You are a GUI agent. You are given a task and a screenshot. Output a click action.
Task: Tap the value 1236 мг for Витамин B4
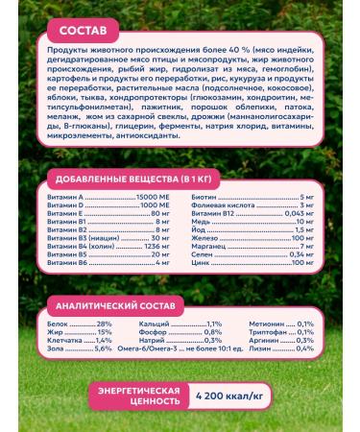pos(157,246)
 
